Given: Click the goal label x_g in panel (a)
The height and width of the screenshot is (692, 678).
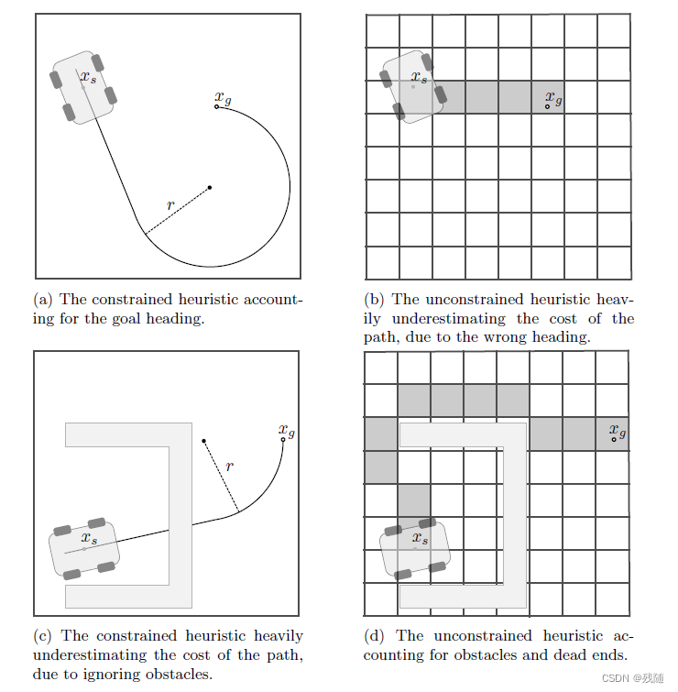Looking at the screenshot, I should [x=222, y=96].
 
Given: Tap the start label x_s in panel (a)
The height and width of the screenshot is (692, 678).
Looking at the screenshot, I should [x=88, y=78].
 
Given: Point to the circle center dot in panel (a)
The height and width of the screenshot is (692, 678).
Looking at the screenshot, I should [x=210, y=188].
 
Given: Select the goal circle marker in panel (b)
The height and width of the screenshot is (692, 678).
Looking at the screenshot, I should [x=548, y=107].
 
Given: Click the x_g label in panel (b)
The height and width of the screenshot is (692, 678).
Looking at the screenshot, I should [x=553, y=97].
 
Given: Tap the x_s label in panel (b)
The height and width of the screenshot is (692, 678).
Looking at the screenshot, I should [x=419, y=77].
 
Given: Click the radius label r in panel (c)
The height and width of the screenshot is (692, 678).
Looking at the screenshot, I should [x=229, y=467].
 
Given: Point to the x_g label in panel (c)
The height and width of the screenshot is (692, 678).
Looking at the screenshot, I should [x=287, y=430].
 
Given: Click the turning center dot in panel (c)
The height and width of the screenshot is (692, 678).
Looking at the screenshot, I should [x=204, y=439].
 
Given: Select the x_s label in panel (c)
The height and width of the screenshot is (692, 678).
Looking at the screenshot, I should [x=89, y=538].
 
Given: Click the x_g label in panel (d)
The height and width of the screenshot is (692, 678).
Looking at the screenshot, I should [x=618, y=430].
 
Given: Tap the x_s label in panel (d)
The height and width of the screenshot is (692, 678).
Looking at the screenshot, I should [x=420, y=538].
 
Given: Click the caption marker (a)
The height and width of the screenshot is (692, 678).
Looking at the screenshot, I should [x=42, y=300].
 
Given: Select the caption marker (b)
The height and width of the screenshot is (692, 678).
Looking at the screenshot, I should [x=374, y=300].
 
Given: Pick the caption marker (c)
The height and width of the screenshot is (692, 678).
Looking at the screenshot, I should [x=42, y=636].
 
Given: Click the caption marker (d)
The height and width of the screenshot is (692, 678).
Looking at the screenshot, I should [x=374, y=636].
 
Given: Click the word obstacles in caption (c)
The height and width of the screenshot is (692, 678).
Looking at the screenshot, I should [x=181, y=676].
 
